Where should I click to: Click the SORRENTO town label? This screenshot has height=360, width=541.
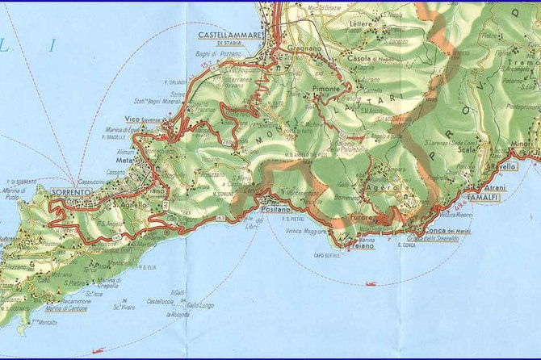pyautogui.click(x=69, y=192)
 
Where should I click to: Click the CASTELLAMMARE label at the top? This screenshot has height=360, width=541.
pyautogui.click(x=230, y=35)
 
